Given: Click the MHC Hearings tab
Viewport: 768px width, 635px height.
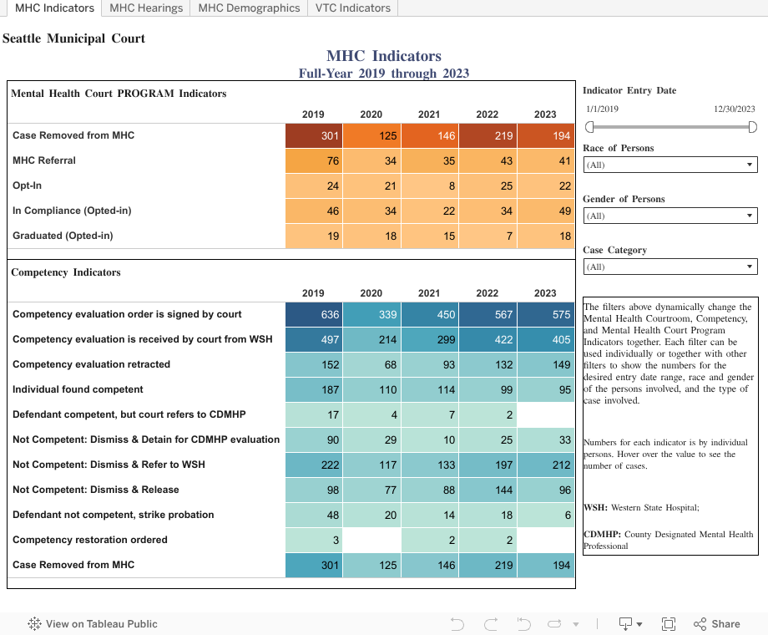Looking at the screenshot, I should click(146, 8).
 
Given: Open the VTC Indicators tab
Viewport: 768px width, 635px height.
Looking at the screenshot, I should click(353, 8).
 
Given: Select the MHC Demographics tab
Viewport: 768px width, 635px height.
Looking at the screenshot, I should click(249, 8).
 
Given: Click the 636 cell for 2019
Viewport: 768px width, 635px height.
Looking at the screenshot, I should click(314, 314).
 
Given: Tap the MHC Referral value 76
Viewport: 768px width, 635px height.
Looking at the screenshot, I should click(314, 160).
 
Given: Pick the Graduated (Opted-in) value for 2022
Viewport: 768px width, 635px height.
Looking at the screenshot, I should click(488, 236).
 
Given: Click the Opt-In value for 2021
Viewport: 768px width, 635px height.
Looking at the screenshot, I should click(429, 185).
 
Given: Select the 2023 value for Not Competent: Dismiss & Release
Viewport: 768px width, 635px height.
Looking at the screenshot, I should click(545, 490).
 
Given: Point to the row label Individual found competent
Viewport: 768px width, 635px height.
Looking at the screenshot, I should click(78, 389).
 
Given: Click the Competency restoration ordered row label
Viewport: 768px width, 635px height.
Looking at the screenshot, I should click(90, 540).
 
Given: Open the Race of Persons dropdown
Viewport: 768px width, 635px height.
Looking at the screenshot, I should click(669, 165).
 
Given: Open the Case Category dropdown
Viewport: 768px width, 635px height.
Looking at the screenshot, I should click(669, 267).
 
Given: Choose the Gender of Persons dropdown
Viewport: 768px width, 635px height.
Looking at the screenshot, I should click(669, 216).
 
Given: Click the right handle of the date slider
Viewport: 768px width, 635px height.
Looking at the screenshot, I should click(752, 127).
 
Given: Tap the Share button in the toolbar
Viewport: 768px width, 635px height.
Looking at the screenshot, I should click(717, 623).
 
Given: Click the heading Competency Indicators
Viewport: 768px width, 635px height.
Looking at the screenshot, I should click(66, 272).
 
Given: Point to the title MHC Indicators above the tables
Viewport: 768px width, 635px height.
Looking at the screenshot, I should click(384, 56).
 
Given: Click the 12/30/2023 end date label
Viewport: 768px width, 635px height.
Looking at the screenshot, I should click(734, 109).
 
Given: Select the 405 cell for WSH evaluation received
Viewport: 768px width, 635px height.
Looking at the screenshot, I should click(545, 339).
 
